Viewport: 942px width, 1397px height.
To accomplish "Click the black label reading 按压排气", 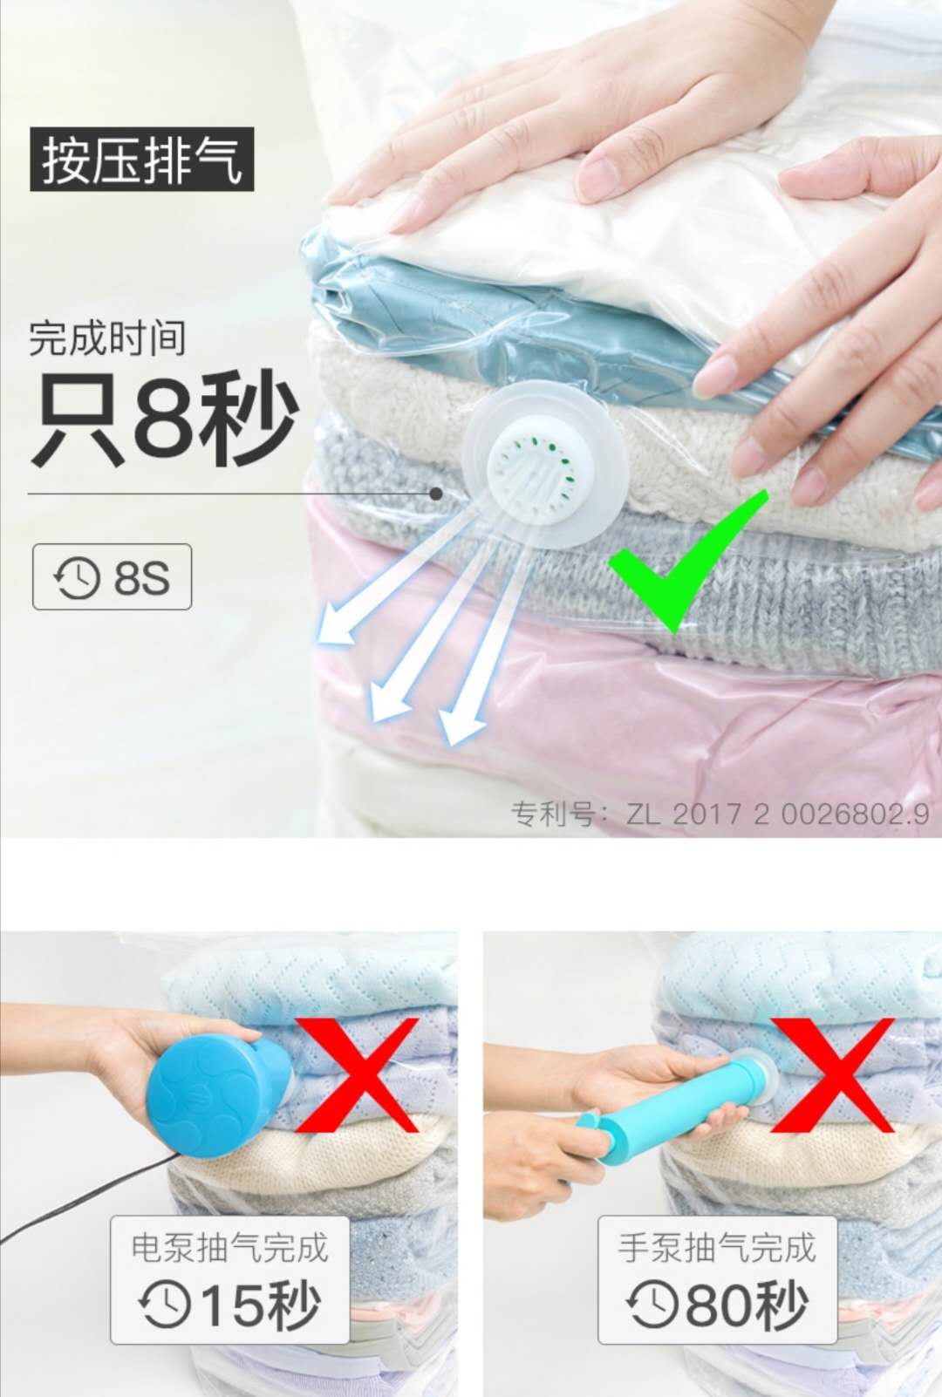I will [x=141, y=160].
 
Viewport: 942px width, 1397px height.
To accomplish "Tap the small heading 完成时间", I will [x=106, y=337].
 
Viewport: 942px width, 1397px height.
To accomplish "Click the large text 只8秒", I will [x=164, y=418].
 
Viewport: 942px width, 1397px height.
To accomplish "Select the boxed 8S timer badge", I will [x=112, y=576].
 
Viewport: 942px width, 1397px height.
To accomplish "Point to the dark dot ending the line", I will [x=436, y=494].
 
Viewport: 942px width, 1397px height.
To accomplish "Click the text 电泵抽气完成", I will [x=229, y=1248].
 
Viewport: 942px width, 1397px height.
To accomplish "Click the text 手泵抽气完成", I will [x=717, y=1248].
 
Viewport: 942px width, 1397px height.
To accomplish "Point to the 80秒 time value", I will [x=747, y=1305].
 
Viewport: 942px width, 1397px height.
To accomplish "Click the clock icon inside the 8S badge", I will [x=77, y=577].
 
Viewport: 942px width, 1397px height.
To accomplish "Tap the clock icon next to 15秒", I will [x=165, y=1305].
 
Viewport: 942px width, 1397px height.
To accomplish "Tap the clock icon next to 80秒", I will [x=652, y=1305].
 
